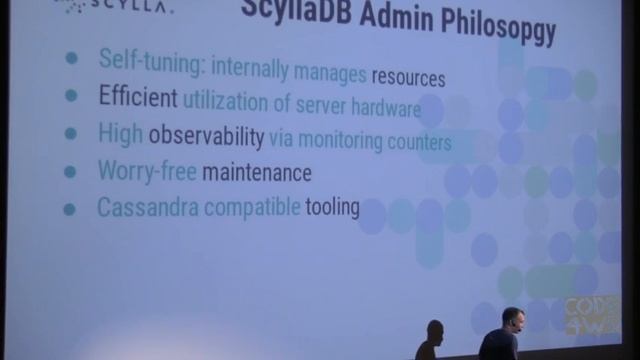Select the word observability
[x=207, y=135]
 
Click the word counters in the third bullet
[x=416, y=142]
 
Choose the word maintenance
[x=257, y=173]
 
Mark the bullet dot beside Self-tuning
[x=70, y=58]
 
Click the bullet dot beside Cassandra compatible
[x=69, y=209]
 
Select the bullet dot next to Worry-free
[x=70, y=170]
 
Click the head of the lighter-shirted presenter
[x=512, y=319]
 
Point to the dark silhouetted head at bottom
[x=435, y=332]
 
